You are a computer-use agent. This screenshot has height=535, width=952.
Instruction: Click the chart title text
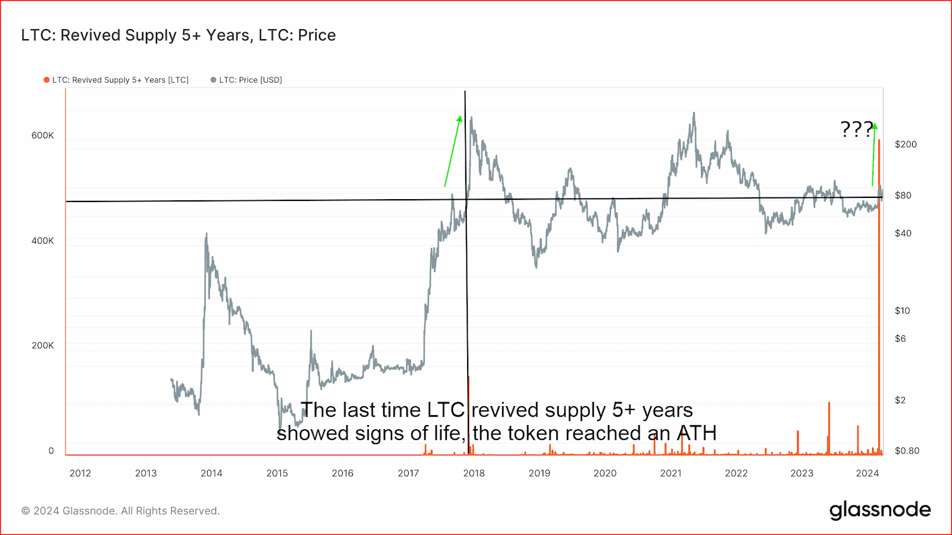(178, 35)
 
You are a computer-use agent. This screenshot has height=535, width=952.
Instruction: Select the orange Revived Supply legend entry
(117, 80)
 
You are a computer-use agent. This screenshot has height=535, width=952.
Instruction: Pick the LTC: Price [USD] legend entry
(247, 80)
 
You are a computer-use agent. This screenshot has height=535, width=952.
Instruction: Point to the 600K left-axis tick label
(42, 136)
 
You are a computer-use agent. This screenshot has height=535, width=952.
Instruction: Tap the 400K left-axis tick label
(42, 241)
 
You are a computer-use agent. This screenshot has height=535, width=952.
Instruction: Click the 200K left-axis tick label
(42, 345)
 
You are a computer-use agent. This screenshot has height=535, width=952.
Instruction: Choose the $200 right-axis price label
(906, 144)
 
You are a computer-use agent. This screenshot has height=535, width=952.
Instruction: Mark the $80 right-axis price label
(903, 196)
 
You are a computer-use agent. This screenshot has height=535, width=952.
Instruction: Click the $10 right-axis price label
(902, 311)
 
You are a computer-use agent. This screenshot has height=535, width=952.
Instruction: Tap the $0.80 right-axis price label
(907, 451)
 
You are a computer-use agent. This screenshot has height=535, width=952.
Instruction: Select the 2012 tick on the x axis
(80, 473)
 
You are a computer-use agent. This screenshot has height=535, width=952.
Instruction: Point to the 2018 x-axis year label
(474, 473)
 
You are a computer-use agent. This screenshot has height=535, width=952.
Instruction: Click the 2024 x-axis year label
(867, 473)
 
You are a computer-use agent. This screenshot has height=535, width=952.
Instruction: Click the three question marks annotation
(856, 129)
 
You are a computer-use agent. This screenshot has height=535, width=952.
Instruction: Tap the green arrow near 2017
(453, 152)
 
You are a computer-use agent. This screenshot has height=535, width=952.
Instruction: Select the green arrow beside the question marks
(874, 155)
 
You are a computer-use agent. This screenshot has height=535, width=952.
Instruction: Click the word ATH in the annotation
(697, 433)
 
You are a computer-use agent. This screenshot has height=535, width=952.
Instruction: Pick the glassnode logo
(880, 510)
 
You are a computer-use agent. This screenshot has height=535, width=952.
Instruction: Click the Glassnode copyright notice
(121, 511)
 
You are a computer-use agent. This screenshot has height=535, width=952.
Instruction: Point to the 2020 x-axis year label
(605, 473)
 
